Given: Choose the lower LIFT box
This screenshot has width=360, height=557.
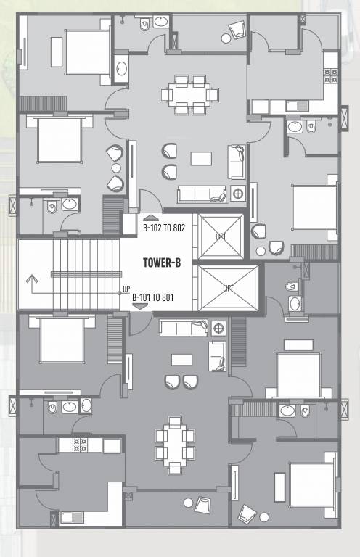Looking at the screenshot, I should (228, 288).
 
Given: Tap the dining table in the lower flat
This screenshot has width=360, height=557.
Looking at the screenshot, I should (174, 444).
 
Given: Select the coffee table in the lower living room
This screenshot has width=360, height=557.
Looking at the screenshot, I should (182, 360).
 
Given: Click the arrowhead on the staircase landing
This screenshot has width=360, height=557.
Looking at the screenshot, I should (30, 278).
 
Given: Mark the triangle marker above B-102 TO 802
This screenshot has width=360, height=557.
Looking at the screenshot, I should (150, 218).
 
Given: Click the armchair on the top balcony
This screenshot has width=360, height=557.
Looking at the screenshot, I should (236, 31).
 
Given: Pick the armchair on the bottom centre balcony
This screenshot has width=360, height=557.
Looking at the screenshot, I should (202, 505).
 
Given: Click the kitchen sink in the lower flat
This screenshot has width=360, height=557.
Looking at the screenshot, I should (72, 517).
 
